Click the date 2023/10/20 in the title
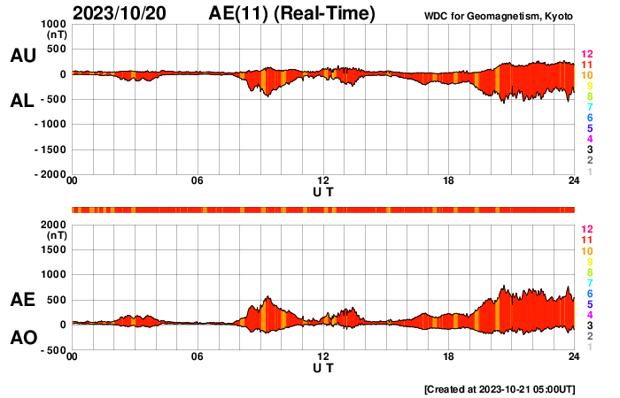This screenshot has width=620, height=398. (118, 13)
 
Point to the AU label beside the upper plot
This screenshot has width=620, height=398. (23, 56)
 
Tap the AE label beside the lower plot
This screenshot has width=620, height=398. (23, 300)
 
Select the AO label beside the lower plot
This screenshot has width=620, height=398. (23, 338)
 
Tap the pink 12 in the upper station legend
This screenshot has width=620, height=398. (585, 54)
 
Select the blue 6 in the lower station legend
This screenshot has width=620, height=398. (589, 293)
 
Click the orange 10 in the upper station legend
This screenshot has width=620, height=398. (585, 75)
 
